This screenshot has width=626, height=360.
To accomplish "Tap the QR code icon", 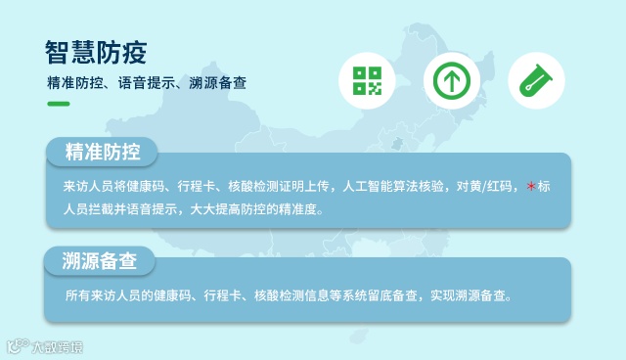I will point(367,80).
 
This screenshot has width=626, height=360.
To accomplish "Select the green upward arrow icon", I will point(451,80).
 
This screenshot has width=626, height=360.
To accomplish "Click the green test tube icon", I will point(536,80).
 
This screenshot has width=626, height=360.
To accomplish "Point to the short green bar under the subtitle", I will point(58,104).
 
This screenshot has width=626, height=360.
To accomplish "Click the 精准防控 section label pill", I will point(102,153).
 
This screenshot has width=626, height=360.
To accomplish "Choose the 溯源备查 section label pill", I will point(98,260).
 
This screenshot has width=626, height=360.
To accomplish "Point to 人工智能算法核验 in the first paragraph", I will point(398,187).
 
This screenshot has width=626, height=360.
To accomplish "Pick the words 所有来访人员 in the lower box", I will point(101,294).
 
